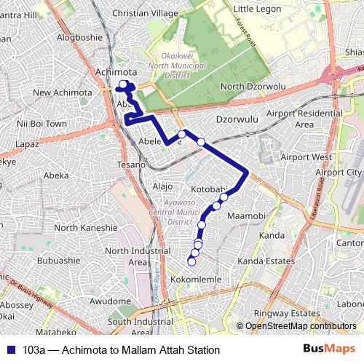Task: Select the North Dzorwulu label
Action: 253,87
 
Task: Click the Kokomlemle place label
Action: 195,280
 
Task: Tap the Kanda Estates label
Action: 266,261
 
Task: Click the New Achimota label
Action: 63,92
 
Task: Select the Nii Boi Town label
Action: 42,124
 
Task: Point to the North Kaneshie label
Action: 85,227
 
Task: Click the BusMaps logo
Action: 328,349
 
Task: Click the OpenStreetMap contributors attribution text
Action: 300,326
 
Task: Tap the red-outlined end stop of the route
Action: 191,261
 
